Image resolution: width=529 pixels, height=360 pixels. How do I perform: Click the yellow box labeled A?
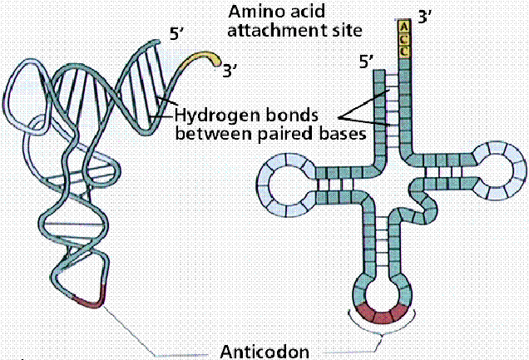tap(404, 27)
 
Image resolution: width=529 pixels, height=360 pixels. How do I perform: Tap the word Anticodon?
tap(264, 352)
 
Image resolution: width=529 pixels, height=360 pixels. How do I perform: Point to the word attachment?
tap(269, 31)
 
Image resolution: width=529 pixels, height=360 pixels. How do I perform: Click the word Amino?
tap(254, 12)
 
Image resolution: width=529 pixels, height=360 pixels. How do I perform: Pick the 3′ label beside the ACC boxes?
tap(425, 16)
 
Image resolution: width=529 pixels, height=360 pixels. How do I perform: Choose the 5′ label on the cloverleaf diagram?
tap(366, 62)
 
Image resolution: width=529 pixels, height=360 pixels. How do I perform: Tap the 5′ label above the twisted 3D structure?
tap(176, 34)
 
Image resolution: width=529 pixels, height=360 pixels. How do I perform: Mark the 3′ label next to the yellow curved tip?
tap(230, 71)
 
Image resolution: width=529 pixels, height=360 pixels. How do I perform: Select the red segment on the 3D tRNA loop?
tap(89, 298)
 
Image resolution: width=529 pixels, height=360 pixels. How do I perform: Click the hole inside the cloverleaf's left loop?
tap(286, 185)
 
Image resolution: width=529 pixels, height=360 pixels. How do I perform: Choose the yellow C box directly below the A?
tap(404, 39)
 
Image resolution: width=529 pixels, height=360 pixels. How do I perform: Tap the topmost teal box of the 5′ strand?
tap(379, 75)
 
